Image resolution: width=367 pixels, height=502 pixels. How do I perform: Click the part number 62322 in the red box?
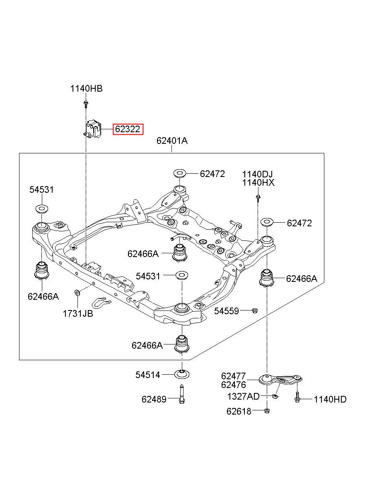128,129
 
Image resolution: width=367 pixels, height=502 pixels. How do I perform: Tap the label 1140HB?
86,89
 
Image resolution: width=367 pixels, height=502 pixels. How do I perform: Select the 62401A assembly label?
172,141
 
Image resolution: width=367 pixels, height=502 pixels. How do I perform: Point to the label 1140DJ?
257,174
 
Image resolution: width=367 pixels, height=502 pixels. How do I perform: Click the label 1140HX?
258,183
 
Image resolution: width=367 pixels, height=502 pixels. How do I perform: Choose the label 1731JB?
78,313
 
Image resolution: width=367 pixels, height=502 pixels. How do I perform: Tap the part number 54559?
227,311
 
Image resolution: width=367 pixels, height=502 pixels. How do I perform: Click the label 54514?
147,375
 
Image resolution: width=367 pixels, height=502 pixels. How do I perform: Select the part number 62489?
154,399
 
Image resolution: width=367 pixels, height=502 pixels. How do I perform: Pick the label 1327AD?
243,396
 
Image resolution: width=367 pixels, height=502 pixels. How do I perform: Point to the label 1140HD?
330,399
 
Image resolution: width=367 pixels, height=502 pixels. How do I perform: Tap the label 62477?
233,376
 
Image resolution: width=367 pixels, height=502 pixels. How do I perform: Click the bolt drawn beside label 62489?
181,394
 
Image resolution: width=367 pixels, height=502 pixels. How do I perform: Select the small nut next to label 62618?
267,411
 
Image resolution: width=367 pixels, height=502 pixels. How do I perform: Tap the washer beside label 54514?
182,374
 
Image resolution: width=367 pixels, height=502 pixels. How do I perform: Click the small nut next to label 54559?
255,310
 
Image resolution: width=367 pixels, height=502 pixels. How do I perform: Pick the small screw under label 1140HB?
86,104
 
